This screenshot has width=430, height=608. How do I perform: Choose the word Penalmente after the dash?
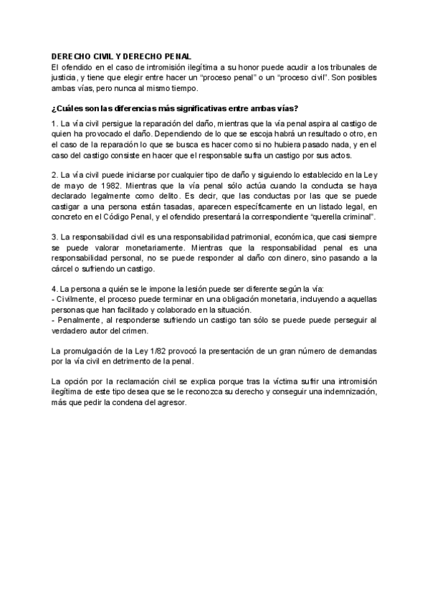(x=80, y=320)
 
